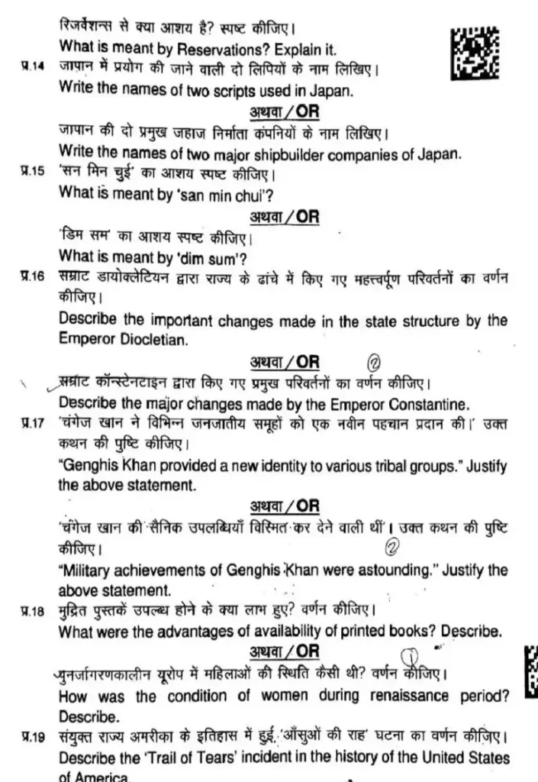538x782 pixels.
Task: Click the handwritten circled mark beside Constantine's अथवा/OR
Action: (374, 363)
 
